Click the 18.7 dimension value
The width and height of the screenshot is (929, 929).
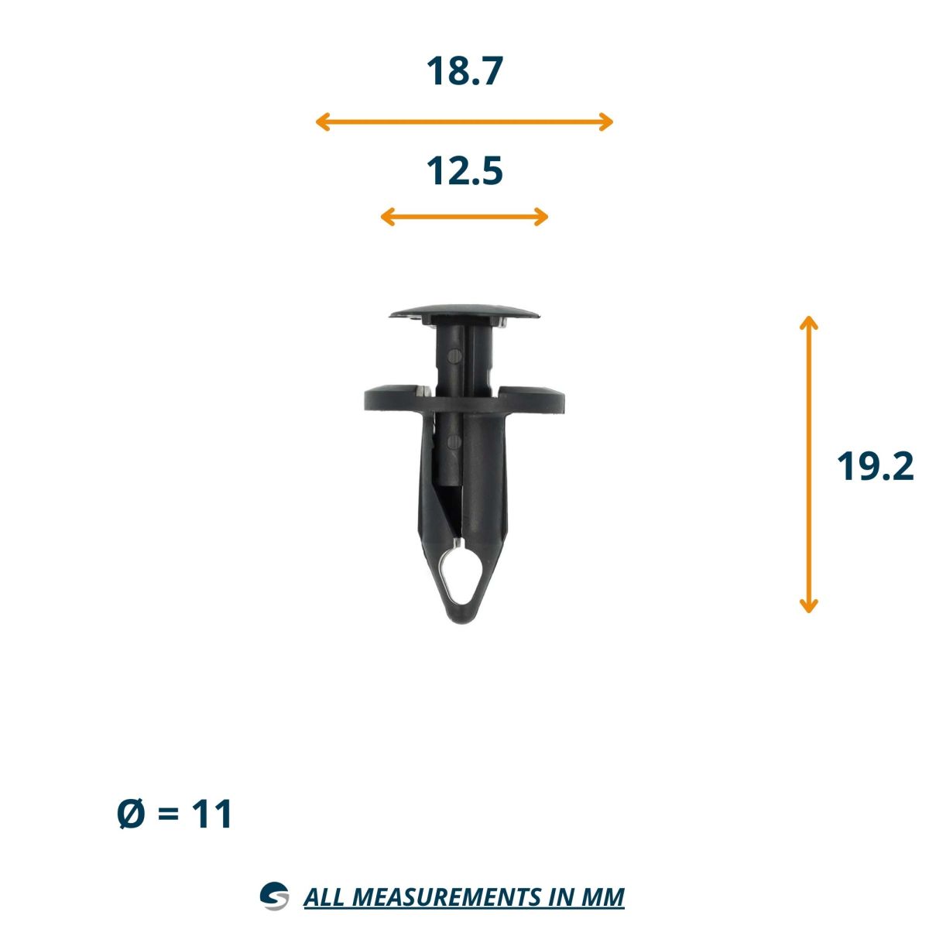coord(464,71)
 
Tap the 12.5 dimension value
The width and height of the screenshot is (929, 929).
coord(464,170)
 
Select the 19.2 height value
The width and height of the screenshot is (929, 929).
coord(875,466)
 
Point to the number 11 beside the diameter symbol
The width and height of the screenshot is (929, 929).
coord(211,814)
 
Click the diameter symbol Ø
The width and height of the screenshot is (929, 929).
coord(131,814)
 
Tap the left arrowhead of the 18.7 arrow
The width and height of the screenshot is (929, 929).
coord(323,122)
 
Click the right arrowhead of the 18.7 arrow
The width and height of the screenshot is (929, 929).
coord(606,122)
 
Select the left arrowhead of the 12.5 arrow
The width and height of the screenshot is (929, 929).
coord(388,217)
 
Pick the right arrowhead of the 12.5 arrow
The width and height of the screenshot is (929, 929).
coord(541,217)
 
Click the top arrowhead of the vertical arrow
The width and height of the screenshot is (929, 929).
coord(808,323)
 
